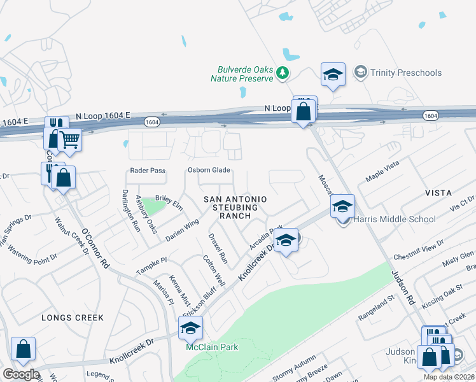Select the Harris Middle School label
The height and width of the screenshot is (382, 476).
tap(395, 220)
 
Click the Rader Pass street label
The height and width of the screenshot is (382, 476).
tap(147, 171)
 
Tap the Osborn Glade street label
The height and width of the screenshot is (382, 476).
tap(208, 171)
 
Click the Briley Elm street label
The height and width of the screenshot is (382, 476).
tap(169, 199)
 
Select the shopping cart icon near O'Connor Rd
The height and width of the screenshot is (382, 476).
tap(70, 139)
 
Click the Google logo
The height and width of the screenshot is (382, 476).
tap(20, 375)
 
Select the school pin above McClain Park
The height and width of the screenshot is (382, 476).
tap(190, 328)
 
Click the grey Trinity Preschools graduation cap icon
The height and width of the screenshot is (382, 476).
tap(360, 72)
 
